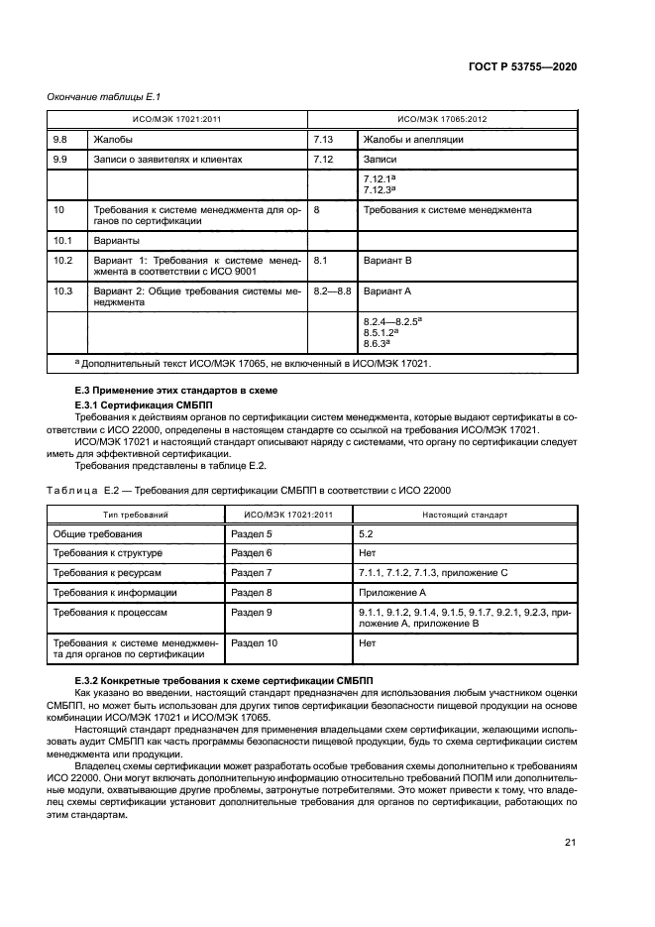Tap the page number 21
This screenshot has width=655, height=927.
pos(570,843)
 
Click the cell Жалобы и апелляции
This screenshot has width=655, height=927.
pos(413,140)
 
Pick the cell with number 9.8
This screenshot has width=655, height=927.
pos(59,140)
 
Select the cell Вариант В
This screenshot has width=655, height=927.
pos(387,260)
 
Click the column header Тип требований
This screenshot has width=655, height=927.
pos(136,516)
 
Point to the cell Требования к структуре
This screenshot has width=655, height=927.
pos(113,553)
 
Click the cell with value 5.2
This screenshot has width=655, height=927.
pos(369,533)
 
